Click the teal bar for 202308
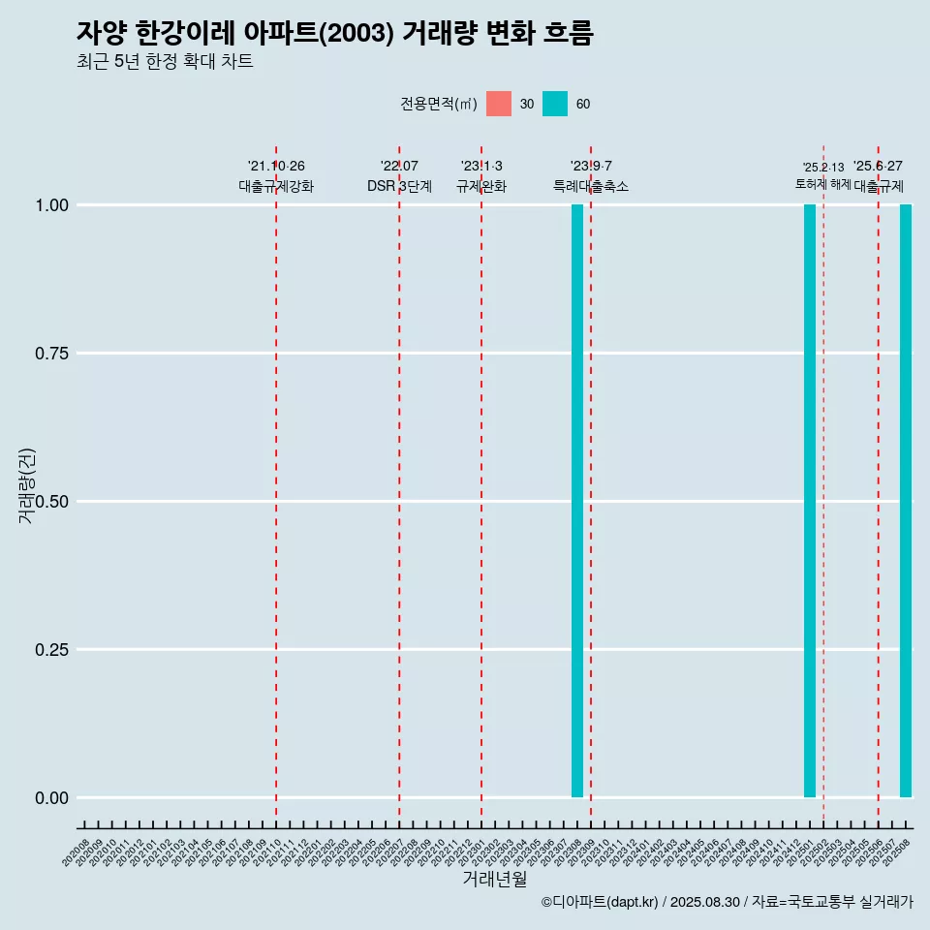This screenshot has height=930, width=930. coord(577,501)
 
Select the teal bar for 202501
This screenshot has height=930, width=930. coord(810,501)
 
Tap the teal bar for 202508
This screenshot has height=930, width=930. coord(906,501)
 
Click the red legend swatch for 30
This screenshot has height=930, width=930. coord(499,104)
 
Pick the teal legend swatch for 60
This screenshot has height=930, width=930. coord(555,104)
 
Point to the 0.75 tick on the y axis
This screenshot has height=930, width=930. coord(50,354)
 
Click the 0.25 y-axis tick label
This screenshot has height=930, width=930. coord(50,650)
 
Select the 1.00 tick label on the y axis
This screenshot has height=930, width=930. coord(50,205)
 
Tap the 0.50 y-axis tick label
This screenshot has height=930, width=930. coord(50,502)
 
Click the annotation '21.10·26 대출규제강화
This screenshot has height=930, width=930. coord(276,176)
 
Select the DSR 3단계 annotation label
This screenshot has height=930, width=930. coord(399,186)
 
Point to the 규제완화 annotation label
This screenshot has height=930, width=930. coord(481,186)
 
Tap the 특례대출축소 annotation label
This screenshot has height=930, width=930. coord(591,186)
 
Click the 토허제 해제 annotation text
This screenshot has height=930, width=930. coord(823,183)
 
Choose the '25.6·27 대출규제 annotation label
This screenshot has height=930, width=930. coord(879,176)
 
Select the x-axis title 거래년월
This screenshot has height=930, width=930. coord(495,879)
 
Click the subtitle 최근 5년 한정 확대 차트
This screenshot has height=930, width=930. coord(165,62)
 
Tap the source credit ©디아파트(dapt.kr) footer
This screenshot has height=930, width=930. coord(727,902)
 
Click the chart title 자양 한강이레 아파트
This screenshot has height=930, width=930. coord(334,32)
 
